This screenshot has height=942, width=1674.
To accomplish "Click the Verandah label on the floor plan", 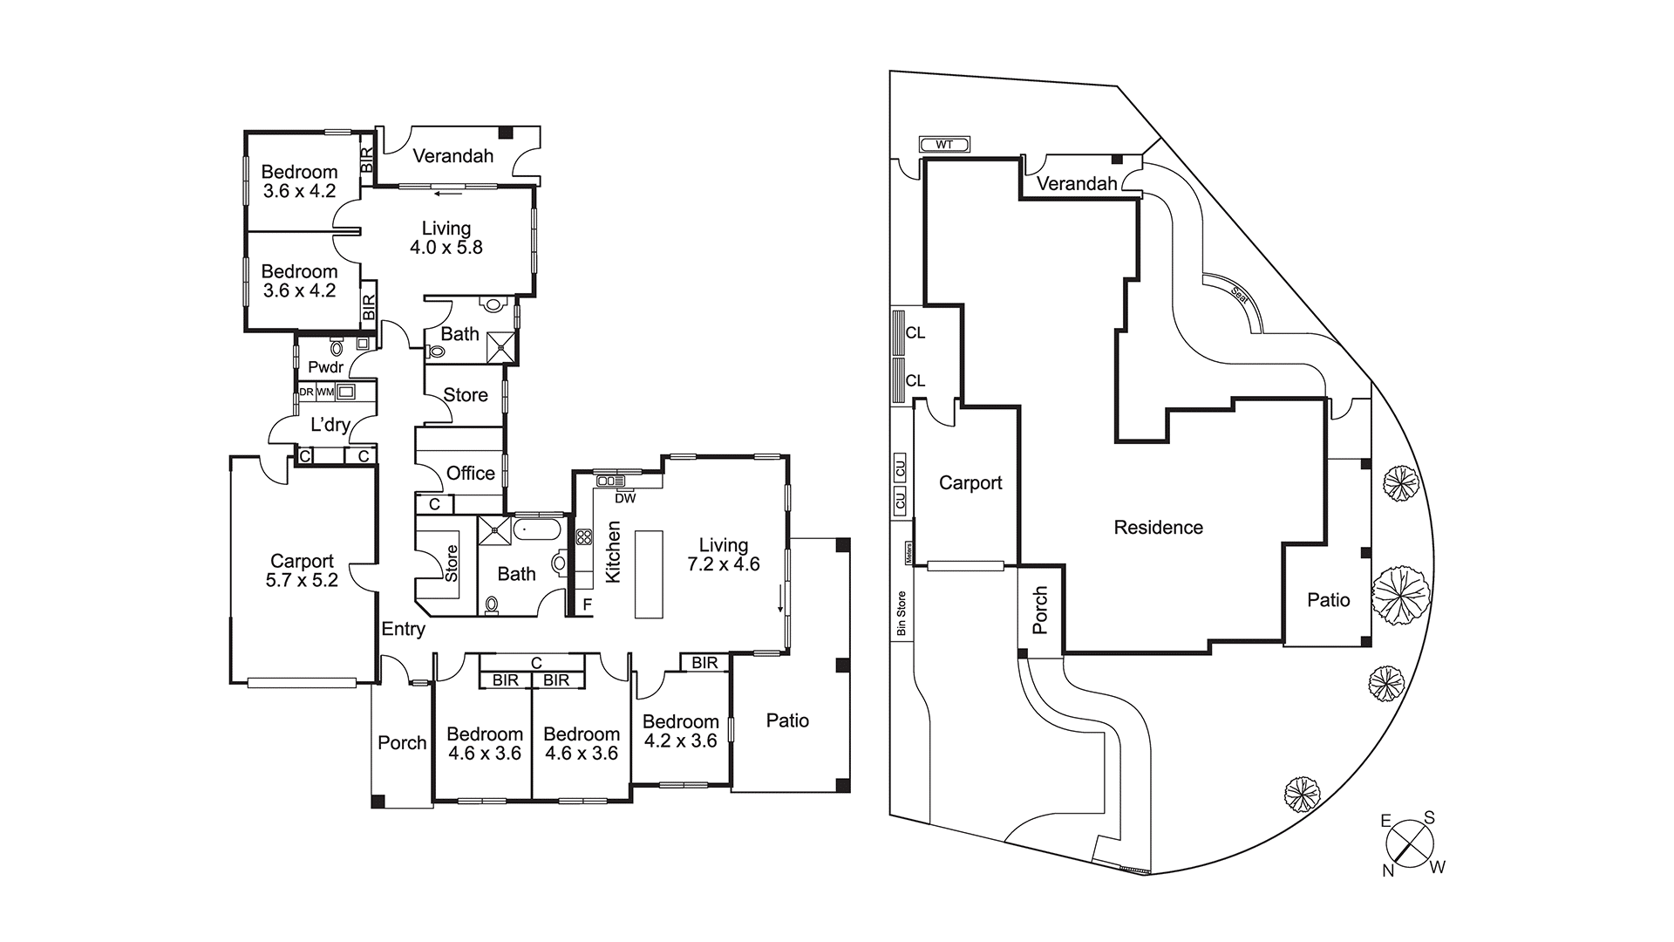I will (453, 156).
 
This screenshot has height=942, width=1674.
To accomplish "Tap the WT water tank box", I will (944, 145).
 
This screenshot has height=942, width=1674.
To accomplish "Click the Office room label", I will (470, 474).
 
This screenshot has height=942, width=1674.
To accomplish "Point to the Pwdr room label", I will (325, 367).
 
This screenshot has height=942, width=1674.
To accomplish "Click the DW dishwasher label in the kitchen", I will (625, 499).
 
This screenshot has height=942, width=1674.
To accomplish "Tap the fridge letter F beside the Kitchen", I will (587, 604).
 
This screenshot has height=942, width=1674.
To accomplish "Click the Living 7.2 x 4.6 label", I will (723, 555).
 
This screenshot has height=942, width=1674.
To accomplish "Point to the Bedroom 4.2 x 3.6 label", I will (680, 731).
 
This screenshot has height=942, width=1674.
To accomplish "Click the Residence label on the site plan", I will (1158, 528).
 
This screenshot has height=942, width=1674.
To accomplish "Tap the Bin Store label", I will (902, 613).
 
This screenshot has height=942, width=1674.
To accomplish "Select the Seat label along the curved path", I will (1239, 293).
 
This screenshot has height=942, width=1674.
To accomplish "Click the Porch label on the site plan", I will (1040, 610).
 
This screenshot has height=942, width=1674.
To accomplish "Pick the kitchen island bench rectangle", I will (649, 574).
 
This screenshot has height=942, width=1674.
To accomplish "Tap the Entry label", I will (403, 629).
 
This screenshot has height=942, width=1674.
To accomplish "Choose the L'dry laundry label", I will (330, 426).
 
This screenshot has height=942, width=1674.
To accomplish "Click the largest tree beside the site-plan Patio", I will (1400, 595).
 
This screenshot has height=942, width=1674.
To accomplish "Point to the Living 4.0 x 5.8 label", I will (446, 237).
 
